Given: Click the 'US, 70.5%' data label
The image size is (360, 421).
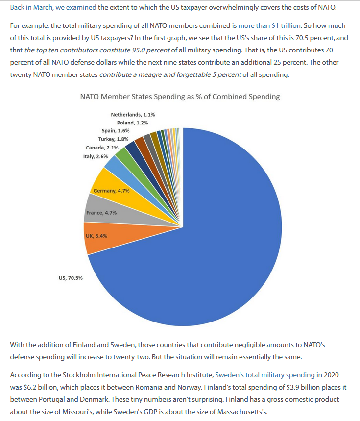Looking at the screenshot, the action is click(71, 278).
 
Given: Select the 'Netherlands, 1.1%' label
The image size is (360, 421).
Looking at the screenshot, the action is click(133, 115).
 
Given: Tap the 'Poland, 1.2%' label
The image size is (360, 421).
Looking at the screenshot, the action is click(132, 123).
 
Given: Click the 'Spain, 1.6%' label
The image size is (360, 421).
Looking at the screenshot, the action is click(116, 131).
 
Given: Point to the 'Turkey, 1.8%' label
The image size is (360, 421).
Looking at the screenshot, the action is click(113, 139).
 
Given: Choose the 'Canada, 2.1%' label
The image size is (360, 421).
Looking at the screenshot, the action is click(102, 148).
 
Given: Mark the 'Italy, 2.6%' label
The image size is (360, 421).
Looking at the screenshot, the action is click(95, 156).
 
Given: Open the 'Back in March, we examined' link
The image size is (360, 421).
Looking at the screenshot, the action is click(53, 7).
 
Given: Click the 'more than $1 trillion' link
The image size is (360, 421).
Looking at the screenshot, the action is click(269, 26).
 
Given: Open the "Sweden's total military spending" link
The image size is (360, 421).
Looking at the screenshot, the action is click(265, 375).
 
